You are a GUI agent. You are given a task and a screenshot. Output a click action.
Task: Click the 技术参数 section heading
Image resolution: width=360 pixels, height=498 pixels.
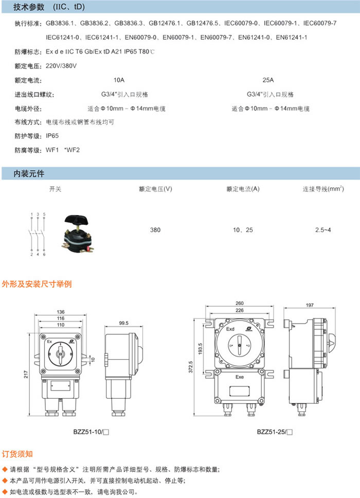(x=29, y=7)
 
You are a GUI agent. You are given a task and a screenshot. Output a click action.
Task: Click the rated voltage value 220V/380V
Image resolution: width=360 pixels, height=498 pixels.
(x=61, y=66)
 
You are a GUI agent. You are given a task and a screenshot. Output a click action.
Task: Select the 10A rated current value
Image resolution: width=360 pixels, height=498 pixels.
(x=119, y=80)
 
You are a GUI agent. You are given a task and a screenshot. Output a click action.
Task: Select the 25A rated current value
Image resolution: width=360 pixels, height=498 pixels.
(x=268, y=80)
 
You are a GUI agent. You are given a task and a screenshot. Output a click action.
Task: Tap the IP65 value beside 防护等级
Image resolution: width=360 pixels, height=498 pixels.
(x=52, y=136)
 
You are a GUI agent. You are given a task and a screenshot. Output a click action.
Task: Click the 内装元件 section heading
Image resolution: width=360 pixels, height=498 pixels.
(x=29, y=174)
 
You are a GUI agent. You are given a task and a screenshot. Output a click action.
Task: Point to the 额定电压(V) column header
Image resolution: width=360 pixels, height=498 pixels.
(x=155, y=189)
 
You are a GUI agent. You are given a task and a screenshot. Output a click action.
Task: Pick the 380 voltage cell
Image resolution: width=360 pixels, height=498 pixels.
(x=155, y=230)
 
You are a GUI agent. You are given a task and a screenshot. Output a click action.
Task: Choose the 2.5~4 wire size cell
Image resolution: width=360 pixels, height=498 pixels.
(x=323, y=230)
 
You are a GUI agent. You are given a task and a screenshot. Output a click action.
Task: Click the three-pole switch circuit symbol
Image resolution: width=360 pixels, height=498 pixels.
(x=38, y=235)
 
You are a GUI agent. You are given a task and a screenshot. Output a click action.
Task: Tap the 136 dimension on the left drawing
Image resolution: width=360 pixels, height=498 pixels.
(x=61, y=312)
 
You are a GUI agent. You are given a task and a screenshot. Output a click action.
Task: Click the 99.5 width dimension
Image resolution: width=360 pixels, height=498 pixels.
(x=124, y=323)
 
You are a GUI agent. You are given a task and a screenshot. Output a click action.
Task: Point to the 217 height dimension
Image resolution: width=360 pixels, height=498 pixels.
(x=26, y=375)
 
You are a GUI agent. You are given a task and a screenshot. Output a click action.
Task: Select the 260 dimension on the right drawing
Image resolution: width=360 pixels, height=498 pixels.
(x=240, y=304)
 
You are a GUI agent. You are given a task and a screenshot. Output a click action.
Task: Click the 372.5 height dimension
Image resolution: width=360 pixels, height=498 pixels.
(x=190, y=367)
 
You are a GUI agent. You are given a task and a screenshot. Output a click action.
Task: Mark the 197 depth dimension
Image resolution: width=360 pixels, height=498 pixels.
(x=310, y=305)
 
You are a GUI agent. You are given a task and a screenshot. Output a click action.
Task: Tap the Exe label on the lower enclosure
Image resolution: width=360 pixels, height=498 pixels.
(x=240, y=377)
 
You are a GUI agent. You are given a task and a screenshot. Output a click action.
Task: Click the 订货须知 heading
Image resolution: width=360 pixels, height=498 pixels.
(x=17, y=454)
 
